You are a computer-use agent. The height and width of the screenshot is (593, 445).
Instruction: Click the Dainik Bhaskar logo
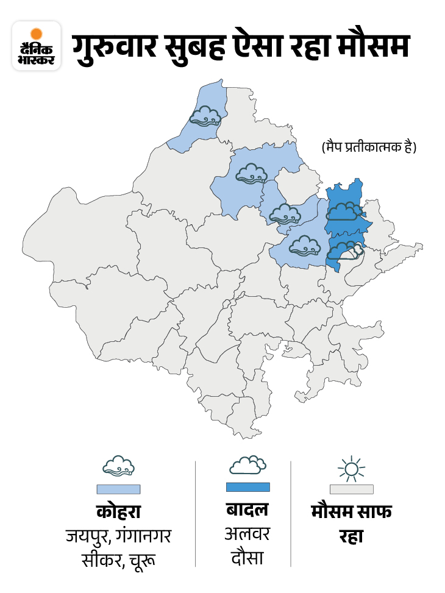point(36,46)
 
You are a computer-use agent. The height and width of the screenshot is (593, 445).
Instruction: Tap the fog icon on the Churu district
point(251,173)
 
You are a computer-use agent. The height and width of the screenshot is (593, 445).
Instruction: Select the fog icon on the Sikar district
point(285,213)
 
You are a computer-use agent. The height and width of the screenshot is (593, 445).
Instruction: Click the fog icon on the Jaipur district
point(305,246)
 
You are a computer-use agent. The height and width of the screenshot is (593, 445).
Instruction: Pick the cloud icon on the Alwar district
point(344,211)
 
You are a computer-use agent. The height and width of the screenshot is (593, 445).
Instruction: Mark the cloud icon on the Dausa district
point(346,250)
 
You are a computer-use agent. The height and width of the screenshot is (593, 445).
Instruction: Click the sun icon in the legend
point(351,469)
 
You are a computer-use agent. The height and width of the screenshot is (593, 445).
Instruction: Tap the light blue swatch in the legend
point(118,489)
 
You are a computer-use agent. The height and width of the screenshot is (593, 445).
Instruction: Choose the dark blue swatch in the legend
point(247,486)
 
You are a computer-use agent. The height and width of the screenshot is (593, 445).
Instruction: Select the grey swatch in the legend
point(351,489)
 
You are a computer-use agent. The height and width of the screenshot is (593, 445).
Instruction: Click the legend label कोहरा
point(118,511)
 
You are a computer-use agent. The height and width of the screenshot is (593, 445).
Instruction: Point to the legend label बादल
point(247,510)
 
